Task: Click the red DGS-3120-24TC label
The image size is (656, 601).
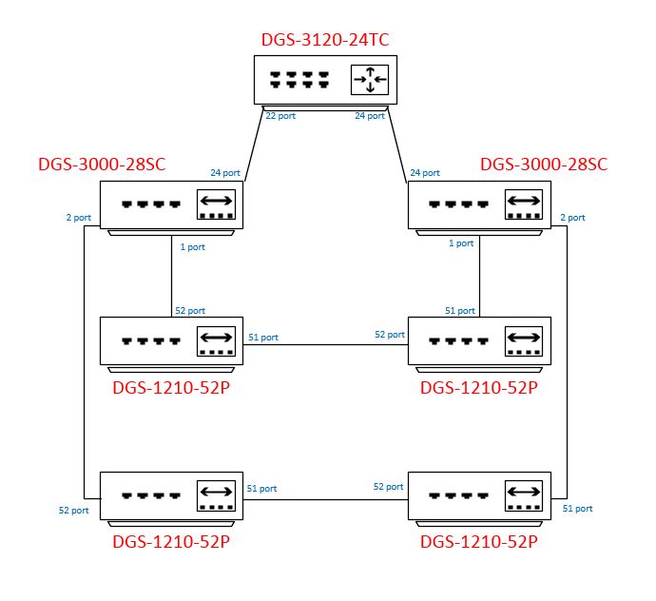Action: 325,41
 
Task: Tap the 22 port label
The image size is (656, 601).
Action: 280,116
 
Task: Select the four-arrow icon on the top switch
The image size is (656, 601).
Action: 369,80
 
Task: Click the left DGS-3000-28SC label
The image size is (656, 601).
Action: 102,164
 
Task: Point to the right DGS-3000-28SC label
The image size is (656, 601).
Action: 544,164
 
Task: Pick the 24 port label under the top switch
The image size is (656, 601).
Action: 370,116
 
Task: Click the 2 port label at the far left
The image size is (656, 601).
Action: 79,217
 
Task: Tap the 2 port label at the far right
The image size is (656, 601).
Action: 572,217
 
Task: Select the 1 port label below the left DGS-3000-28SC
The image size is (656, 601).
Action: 192,246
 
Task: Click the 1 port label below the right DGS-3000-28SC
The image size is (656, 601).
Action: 461,243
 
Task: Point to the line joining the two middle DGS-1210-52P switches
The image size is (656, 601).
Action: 325,344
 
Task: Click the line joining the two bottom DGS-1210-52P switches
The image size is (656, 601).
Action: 325,496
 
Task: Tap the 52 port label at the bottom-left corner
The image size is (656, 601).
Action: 73,510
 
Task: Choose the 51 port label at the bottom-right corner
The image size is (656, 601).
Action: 577,509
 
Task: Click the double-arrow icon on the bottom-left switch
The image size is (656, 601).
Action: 215,494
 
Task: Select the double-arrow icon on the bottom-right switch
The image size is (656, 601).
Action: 523,494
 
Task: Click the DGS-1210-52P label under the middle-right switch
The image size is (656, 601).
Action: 479,388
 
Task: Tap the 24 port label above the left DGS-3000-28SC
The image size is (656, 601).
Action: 225,173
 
